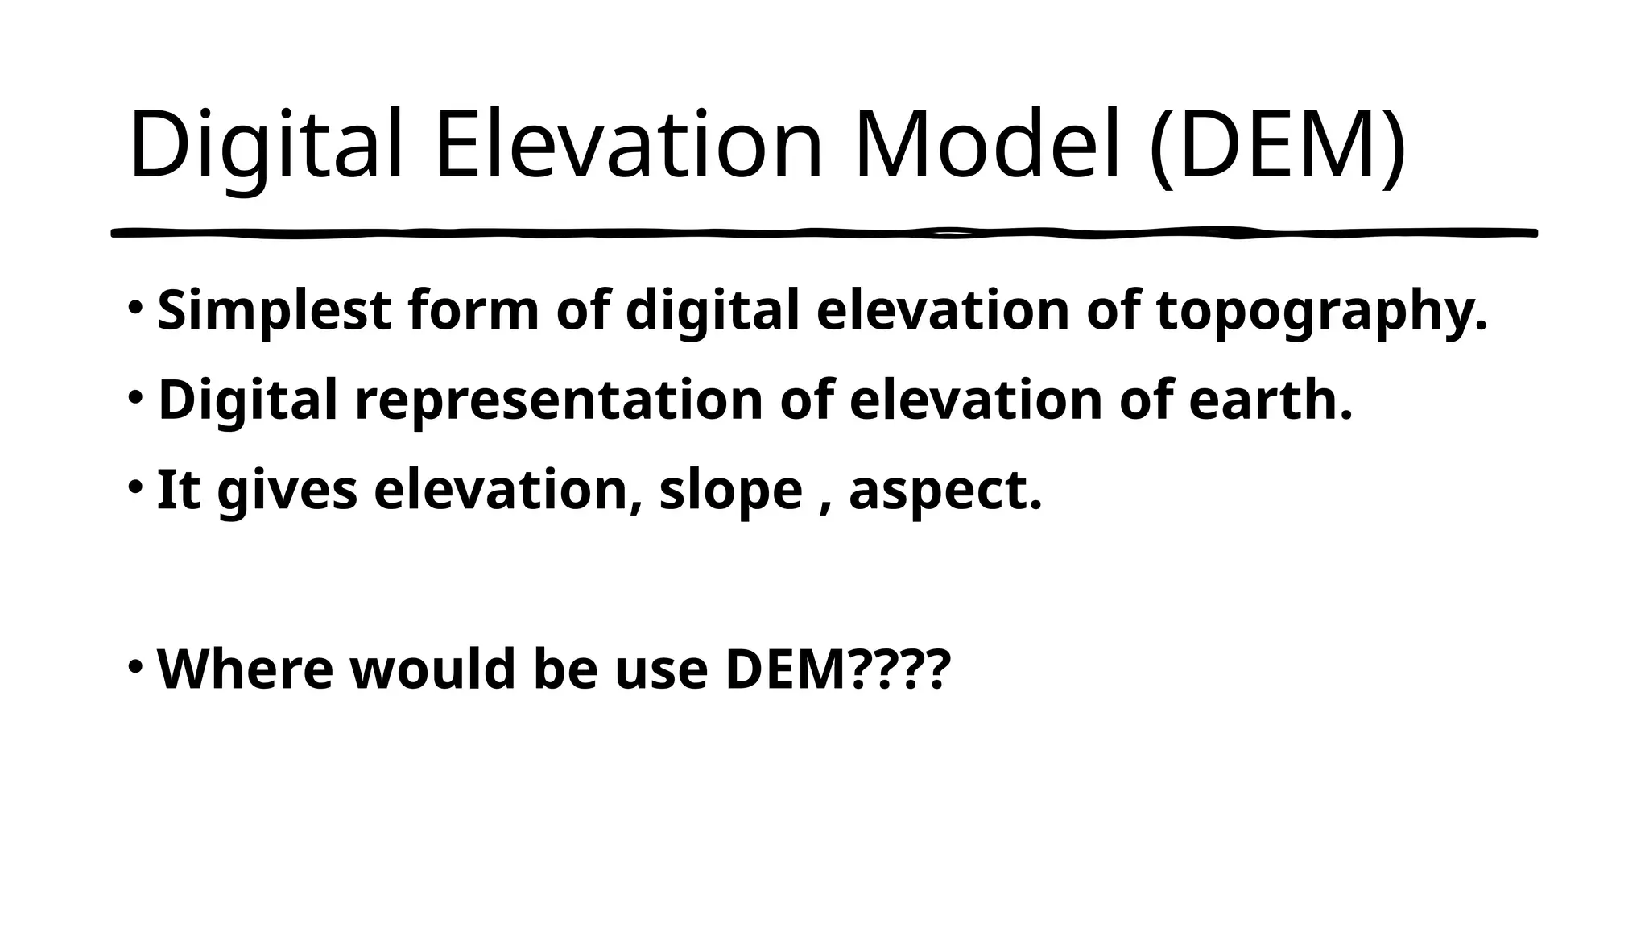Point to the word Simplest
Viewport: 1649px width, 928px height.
tap(274, 311)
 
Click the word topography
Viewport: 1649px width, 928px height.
tap(1321, 311)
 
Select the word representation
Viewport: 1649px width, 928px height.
tap(559, 400)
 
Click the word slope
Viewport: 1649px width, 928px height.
tap(731, 491)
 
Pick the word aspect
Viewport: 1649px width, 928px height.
tap(945, 491)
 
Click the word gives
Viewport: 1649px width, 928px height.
tap(287, 491)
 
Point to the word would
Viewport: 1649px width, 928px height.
tap(432, 669)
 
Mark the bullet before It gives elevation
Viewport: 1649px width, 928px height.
tap(135, 487)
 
